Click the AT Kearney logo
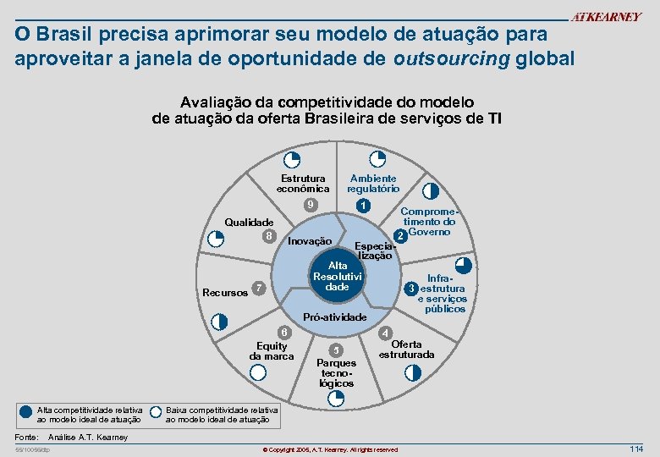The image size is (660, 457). coord(606,18)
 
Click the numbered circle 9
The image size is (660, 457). coord(311,206)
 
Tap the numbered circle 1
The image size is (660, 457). coord(362,206)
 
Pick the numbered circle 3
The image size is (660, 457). coord(410,289)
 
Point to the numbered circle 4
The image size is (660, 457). coord(386,333)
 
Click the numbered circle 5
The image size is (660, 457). coord(337,350)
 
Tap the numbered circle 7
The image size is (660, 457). coord(261,289)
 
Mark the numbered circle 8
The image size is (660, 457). coord(269,235)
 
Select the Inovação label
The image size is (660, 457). coord(310,241)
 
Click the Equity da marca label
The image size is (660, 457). coord(272,350)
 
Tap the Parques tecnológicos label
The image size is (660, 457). coord(337,373)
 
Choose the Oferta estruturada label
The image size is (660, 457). coord(406,350)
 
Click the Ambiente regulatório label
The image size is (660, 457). coord(373,184)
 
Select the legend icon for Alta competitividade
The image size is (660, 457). coord(25,413)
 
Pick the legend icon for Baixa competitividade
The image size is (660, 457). coord(156,413)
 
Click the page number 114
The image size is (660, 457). coord(636,448)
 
